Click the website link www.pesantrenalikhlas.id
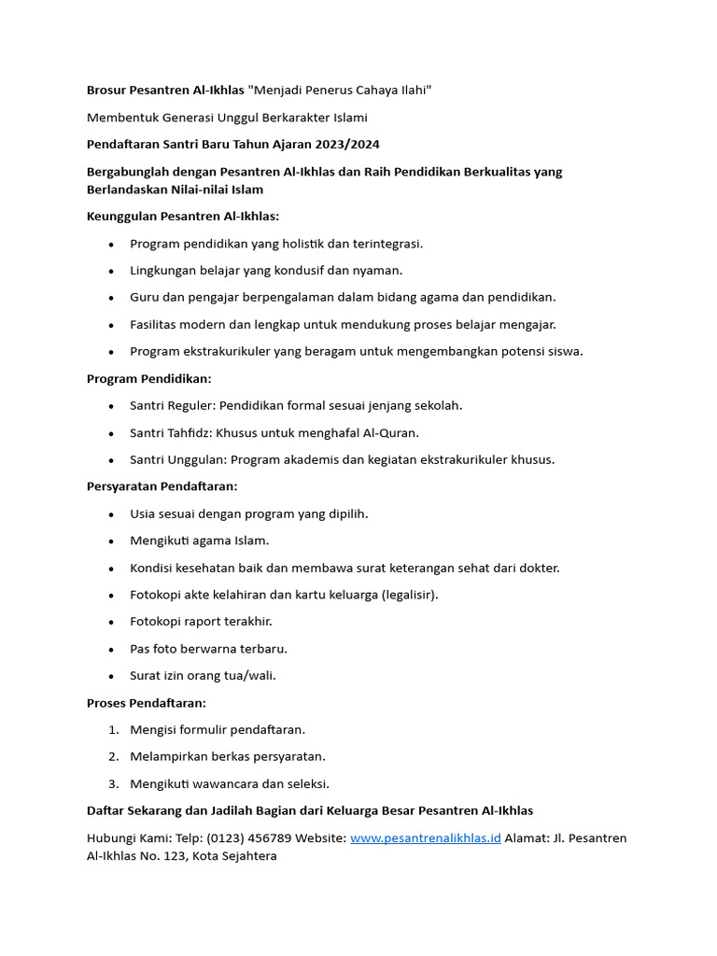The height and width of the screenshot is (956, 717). (x=426, y=838)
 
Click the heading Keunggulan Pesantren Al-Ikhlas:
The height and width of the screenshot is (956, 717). (x=183, y=216)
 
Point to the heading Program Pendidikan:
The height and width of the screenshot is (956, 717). (x=149, y=378)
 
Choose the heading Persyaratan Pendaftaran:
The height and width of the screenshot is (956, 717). (x=162, y=486)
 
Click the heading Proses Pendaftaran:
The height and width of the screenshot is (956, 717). (x=147, y=702)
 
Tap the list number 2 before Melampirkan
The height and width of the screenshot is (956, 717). (x=113, y=756)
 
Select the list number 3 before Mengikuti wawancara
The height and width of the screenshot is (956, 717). (x=113, y=783)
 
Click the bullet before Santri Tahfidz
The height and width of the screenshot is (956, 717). (x=111, y=433)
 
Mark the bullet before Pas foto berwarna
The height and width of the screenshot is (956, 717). (x=111, y=649)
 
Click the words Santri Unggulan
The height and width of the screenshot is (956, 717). (x=176, y=459)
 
